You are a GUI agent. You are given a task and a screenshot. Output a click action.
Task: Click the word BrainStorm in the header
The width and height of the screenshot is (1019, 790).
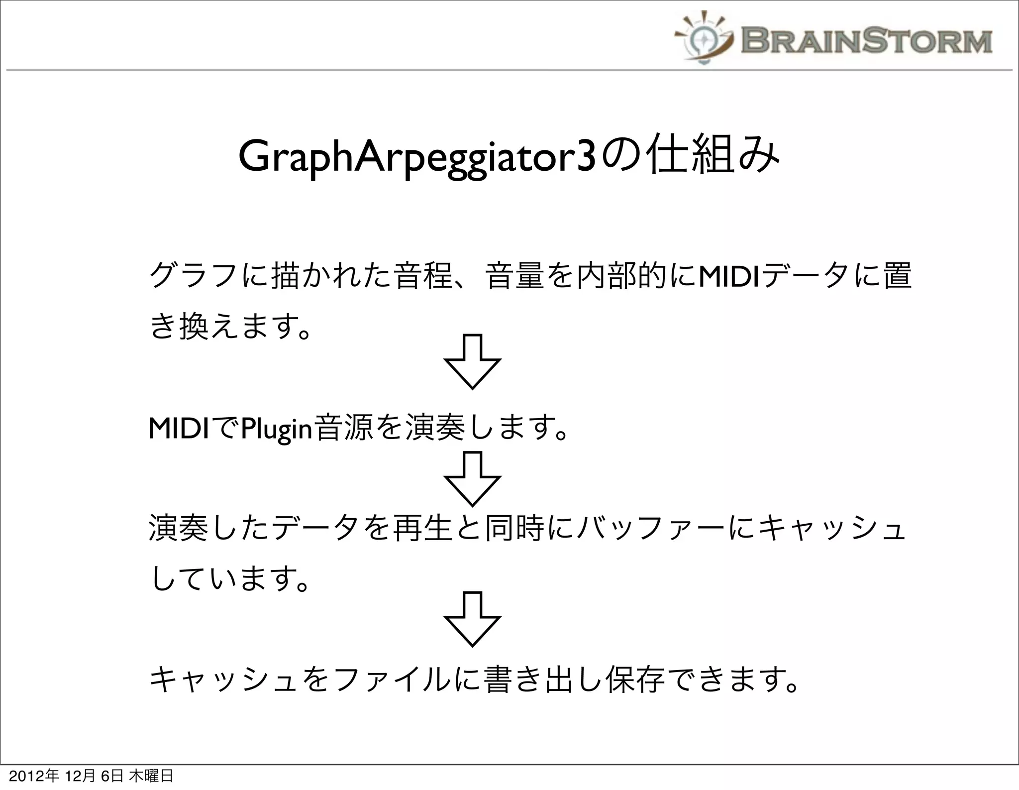click(866, 41)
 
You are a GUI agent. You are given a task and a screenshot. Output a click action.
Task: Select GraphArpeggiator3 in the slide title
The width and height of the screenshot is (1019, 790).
click(417, 158)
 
